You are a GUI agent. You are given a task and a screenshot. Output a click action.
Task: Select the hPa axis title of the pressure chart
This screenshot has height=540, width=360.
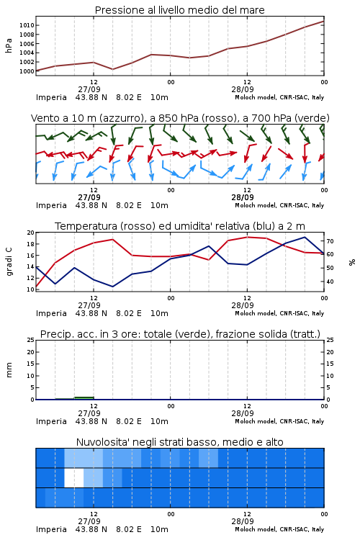point(9,45)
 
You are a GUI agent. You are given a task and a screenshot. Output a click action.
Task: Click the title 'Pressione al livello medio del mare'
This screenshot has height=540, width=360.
point(180,10)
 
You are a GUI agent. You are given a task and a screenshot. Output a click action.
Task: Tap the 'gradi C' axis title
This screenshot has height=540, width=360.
point(9,261)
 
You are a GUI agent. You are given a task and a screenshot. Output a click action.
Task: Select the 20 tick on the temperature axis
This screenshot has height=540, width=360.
point(31,233)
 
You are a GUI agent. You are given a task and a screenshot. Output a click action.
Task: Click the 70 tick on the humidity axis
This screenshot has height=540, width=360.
point(330,241)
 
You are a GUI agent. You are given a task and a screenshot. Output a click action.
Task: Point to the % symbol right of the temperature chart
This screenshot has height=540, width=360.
point(352,262)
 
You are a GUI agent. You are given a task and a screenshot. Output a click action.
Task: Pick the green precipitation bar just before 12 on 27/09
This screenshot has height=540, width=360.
point(84,397)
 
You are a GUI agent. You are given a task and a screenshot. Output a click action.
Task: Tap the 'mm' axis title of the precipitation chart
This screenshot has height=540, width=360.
point(9,370)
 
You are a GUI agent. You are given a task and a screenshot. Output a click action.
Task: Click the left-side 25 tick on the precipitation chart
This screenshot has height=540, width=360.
point(31,340)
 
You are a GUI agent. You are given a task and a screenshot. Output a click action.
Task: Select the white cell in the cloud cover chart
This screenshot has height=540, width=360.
point(74,477)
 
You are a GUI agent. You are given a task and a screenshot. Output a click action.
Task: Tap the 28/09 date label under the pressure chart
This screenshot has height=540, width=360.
point(243,89)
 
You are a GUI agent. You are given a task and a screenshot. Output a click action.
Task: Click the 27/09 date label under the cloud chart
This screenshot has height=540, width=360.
point(89,521)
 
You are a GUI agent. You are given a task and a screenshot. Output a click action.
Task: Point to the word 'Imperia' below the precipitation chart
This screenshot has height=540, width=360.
point(51,421)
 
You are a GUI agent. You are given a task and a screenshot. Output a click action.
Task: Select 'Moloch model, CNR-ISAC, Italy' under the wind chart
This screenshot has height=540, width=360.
point(279,205)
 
